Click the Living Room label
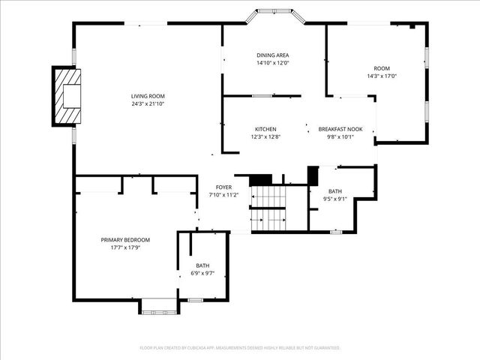tap(148, 96)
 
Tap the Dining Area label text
tap(272, 55)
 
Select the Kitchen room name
tap(265, 129)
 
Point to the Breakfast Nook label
tap(340, 129)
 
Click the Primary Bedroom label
tap(125, 240)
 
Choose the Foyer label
tap(223, 187)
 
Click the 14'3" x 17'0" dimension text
tap(382, 76)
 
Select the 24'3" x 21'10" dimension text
tap(148, 103)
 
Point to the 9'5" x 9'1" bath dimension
tap(334, 199)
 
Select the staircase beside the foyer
tap(268, 208)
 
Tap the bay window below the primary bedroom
tap(158, 305)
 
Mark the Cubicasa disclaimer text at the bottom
tap(240, 348)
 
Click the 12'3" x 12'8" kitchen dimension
tap(265, 136)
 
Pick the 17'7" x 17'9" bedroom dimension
tap(125, 247)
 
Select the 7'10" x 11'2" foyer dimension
tap(223, 195)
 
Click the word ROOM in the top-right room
tap(382, 68)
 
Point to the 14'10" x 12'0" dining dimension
tap(272, 63)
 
